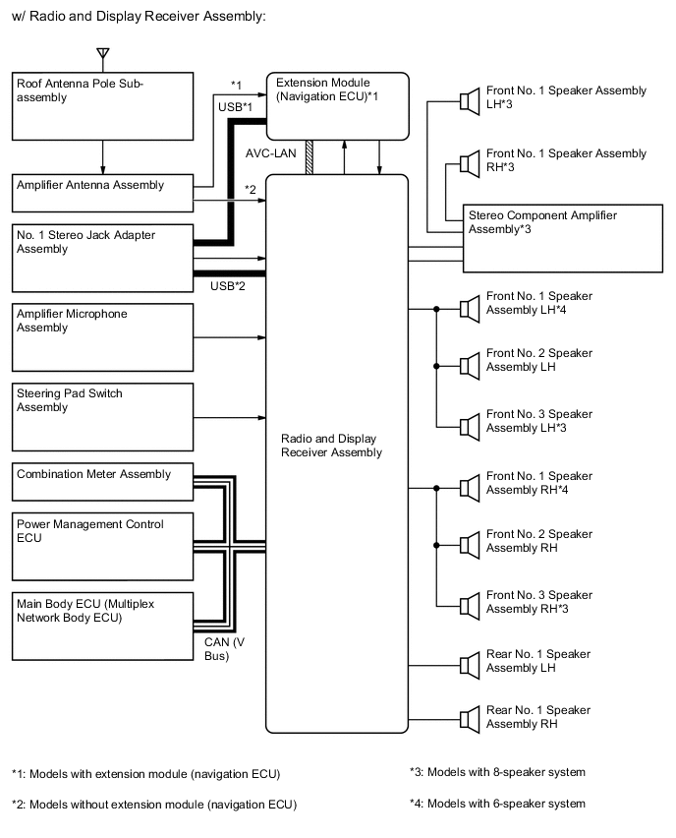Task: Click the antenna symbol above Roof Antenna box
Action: click(x=103, y=54)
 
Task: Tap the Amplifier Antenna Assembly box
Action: click(x=103, y=193)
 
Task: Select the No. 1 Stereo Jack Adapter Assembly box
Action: click(x=103, y=258)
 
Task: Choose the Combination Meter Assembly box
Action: click(x=103, y=482)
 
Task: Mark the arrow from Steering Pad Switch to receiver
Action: click(x=230, y=417)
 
